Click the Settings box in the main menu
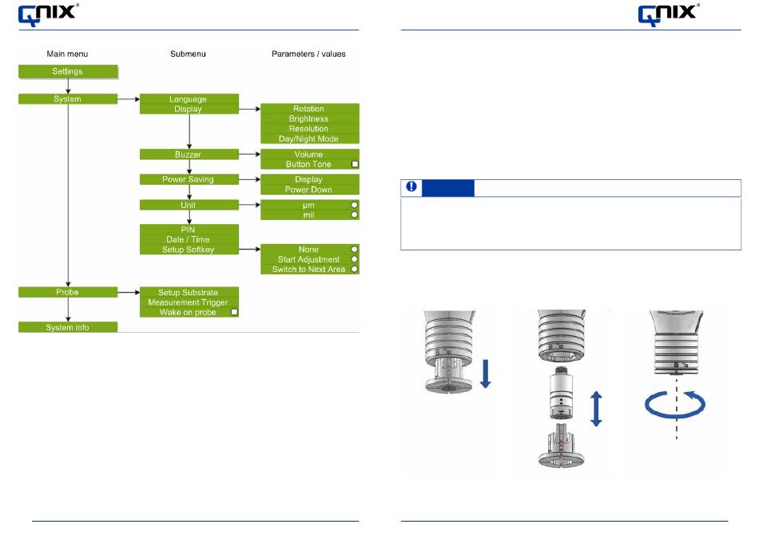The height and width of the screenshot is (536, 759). point(68,71)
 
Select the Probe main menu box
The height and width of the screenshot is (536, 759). point(68,292)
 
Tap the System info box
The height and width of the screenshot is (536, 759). point(68,327)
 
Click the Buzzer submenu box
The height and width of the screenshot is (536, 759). point(189,154)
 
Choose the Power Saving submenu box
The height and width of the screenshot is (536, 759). point(189,179)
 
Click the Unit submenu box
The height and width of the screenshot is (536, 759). point(189,205)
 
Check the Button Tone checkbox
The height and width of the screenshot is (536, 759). point(355,164)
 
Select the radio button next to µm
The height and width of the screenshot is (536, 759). point(354,205)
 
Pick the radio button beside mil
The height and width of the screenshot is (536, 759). point(354,214)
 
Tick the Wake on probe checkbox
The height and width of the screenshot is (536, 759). point(234,312)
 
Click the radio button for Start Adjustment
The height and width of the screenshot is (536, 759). point(354,259)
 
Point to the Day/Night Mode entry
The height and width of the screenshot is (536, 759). point(309,139)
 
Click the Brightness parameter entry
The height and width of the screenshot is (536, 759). point(309,118)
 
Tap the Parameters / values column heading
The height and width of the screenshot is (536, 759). point(309,54)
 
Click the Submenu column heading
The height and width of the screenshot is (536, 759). point(188,54)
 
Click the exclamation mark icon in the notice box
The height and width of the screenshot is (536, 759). point(411,186)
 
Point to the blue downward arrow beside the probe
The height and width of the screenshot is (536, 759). point(486,374)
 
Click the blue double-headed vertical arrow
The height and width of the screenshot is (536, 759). point(596,409)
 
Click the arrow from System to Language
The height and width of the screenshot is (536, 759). point(129,99)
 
